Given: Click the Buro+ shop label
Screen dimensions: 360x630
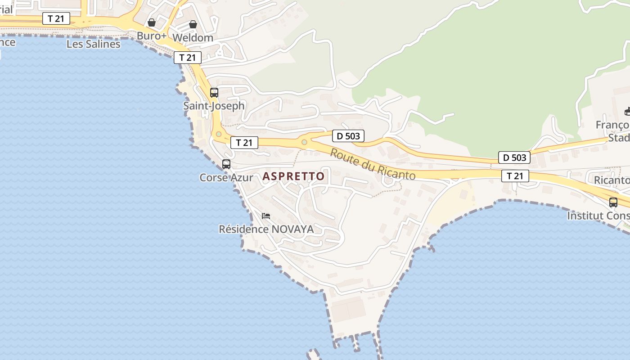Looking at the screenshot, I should [x=152, y=36].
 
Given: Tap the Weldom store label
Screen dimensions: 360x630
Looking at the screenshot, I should [x=193, y=37].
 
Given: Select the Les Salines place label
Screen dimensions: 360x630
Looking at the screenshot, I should [x=93, y=44].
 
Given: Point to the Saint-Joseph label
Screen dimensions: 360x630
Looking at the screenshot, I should [x=214, y=106].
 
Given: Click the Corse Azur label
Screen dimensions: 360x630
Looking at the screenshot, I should [x=226, y=177].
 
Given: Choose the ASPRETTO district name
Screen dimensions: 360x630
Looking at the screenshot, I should [x=293, y=176].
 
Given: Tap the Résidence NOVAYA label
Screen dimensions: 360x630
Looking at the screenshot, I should [x=266, y=229].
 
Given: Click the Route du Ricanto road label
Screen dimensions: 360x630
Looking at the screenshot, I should [x=373, y=164].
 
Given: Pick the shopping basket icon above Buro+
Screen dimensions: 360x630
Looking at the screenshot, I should [x=152, y=22].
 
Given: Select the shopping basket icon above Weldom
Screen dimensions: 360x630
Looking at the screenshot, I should [x=193, y=24].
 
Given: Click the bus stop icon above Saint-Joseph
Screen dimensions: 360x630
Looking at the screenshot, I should [x=214, y=93].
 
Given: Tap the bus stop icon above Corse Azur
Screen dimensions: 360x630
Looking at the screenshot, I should [x=226, y=164].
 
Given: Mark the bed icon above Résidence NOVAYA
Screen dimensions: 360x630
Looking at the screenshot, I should [x=266, y=216].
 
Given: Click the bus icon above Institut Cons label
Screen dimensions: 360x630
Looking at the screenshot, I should [x=613, y=202].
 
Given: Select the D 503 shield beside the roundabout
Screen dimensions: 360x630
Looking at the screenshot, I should [x=348, y=136].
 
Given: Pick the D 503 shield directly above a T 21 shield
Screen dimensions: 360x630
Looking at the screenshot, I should [x=514, y=157].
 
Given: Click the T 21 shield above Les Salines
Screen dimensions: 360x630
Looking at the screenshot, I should [x=56, y=18].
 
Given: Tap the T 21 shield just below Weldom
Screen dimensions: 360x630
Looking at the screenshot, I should [x=188, y=58].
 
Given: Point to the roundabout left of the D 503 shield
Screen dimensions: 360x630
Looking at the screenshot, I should [x=304, y=143].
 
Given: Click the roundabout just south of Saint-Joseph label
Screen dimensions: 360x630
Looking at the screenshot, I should [x=219, y=134].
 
